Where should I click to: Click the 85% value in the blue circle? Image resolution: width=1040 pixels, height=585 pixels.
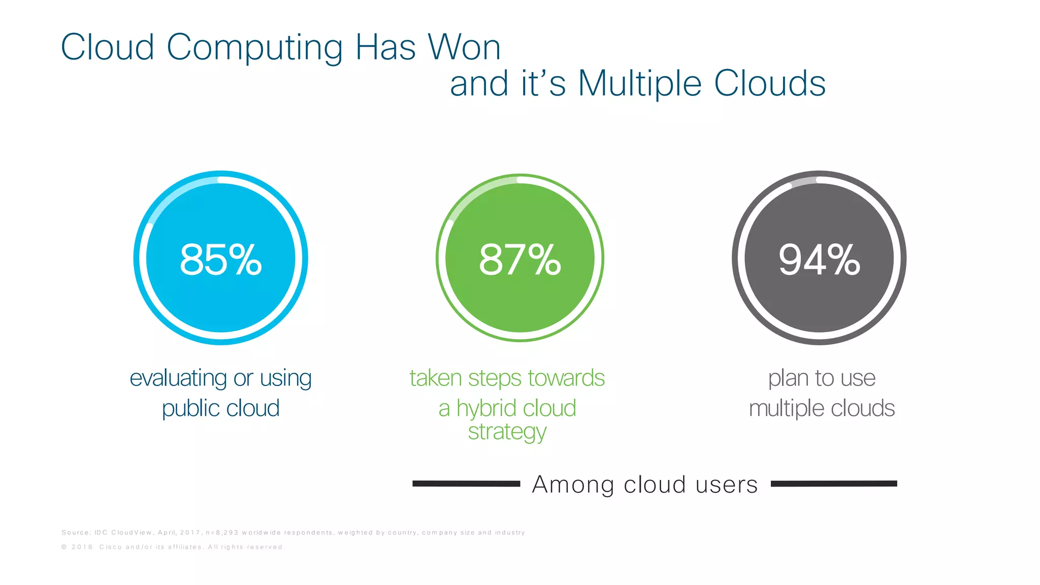pos(221,259)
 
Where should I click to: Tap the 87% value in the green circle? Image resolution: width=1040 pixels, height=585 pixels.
pos(519,259)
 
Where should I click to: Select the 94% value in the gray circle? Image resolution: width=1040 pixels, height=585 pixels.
pos(819,259)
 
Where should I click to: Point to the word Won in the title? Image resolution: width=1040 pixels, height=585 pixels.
pos(464,47)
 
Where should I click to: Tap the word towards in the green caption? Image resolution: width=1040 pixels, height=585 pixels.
pos(566,378)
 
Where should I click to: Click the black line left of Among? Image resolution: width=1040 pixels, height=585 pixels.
pos(466,484)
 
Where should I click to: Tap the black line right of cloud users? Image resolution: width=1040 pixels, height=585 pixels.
pos(834,484)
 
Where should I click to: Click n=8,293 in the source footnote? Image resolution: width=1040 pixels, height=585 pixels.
pos(222,533)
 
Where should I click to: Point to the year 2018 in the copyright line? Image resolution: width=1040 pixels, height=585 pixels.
pos(82,547)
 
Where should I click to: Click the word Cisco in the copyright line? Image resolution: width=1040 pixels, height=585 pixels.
pos(110,547)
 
